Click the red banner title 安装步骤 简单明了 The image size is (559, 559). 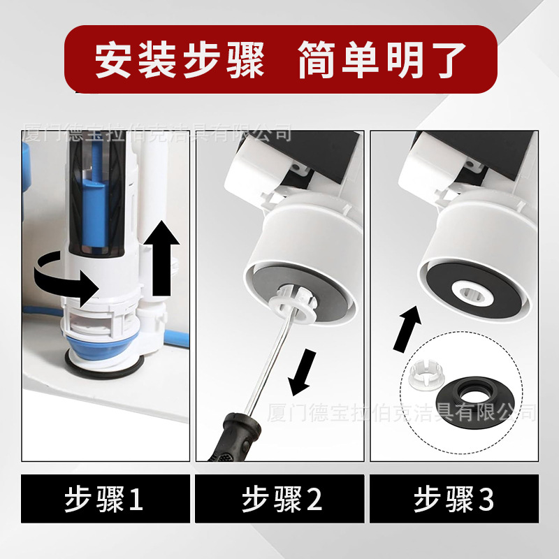pos(279,59)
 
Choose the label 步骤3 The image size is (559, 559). pos(454,500)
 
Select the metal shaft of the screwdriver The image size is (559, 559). pos(269,363)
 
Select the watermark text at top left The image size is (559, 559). pos(157,132)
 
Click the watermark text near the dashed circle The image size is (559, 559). pos(402,412)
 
